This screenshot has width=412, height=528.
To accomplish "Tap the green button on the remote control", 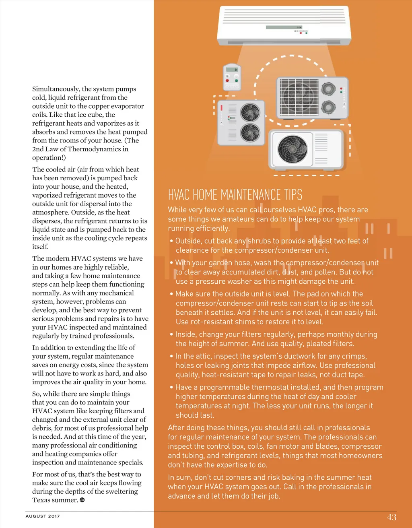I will (x=237, y=80).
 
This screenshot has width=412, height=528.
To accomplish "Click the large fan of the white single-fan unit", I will (x=293, y=148).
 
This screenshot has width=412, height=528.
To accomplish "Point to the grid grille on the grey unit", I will (x=299, y=97).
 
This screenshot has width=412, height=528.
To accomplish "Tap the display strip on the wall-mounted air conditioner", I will (x=284, y=27).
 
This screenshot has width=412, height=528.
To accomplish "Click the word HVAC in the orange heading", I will (x=179, y=195).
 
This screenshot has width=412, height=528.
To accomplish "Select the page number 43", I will (x=391, y=517).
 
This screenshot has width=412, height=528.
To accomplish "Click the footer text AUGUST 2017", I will (x=43, y=516).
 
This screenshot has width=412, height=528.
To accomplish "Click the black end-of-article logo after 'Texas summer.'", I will (x=82, y=500).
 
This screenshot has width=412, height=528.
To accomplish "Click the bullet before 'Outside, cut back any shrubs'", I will (x=171, y=241).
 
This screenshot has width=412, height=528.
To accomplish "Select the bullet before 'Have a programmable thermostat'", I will (x=171, y=388).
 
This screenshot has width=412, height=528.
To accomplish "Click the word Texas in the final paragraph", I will (x=41, y=500).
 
